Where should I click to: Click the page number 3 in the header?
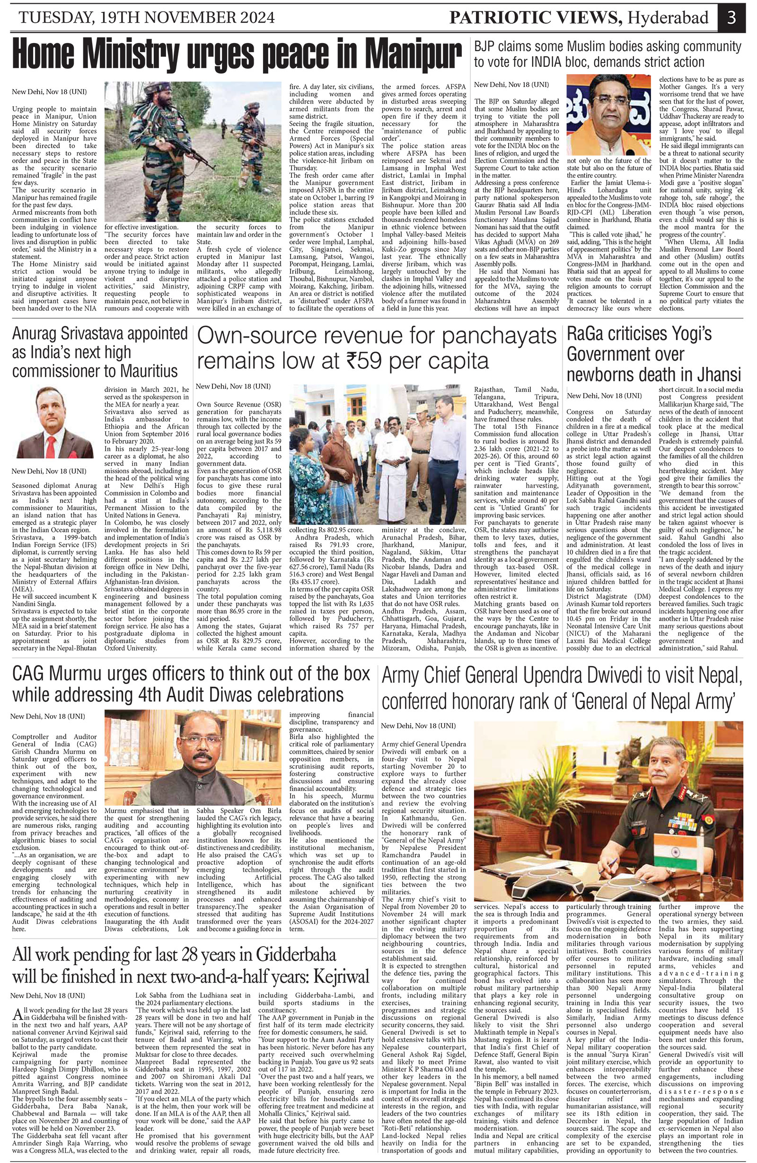coord(731,18)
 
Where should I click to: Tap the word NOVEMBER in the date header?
coord(167,18)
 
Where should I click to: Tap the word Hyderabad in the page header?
coord(668,18)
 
